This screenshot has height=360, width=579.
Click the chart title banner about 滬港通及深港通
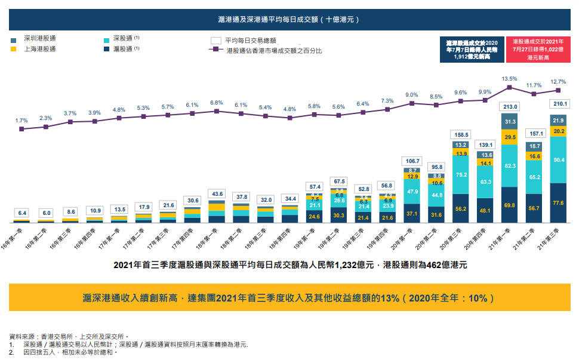pyautogui.click(x=289, y=19)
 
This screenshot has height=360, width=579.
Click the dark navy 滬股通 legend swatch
pyautogui.click(x=107, y=49)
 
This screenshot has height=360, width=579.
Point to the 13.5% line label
pyautogui.click(x=509, y=79)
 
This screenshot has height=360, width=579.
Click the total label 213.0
pyautogui.click(x=509, y=106)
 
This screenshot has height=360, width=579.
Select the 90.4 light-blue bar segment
pyautogui.click(x=559, y=160)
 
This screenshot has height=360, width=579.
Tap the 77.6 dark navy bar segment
pyautogui.click(x=559, y=203)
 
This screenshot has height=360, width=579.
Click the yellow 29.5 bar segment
pyautogui.click(x=509, y=137)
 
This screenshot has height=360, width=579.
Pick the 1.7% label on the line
pyautogui.click(x=21, y=121)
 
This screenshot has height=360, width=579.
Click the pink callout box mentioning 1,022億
pyautogui.click(x=538, y=50)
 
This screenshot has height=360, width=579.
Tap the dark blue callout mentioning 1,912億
pyautogui.click(x=472, y=50)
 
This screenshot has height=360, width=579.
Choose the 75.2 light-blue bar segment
pyautogui.click(x=461, y=175)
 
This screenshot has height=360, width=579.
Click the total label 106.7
pyautogui.click(x=412, y=161)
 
